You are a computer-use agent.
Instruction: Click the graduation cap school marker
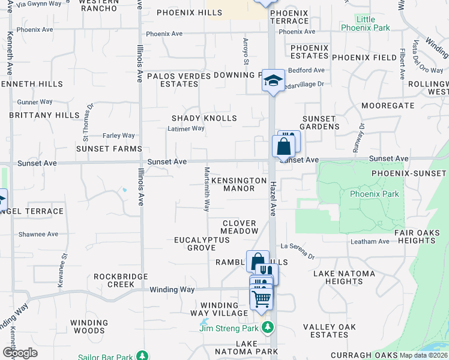tap(273, 82)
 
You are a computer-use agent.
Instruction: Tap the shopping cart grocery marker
tap(262, 298)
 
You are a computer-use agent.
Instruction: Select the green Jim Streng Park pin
tap(268, 328)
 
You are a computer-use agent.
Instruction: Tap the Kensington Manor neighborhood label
tap(239, 184)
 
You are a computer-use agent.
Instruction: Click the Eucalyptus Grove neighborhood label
tap(202, 244)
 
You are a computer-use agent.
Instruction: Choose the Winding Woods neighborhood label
tap(89, 326)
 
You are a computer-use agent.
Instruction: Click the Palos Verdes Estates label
tap(179, 80)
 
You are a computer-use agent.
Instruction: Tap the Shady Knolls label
tap(204, 118)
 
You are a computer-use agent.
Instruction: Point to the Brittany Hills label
tap(44, 115)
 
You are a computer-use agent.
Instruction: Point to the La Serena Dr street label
tap(298, 251)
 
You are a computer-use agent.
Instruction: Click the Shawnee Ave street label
tap(38, 234)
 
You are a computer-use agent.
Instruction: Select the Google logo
tap(20, 353)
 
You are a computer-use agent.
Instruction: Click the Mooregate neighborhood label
tap(388, 106)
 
